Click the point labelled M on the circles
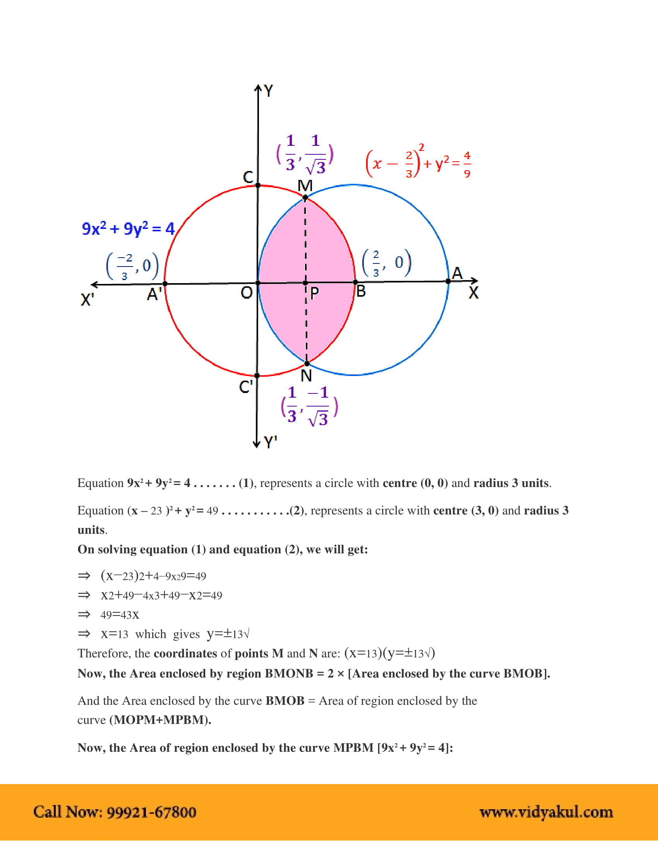305,198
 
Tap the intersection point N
307,364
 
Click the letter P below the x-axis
315,294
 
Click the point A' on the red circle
165,284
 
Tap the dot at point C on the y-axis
258,185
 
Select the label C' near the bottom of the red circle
246,387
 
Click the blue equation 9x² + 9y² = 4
128,229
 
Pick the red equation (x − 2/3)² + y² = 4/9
418,162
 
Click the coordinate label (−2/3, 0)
132,267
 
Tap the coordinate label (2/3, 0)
387,263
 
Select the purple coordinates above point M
305,154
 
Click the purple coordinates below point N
309,406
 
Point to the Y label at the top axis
269,91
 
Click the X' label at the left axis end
87,300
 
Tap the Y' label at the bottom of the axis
270,443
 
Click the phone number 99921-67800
151,812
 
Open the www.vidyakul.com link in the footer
546,812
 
